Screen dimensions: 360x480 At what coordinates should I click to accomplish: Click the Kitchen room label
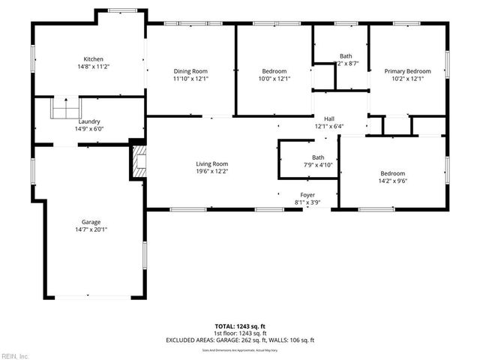pyautogui.click(x=93, y=58)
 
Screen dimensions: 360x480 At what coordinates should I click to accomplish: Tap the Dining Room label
pyautogui.click(x=190, y=71)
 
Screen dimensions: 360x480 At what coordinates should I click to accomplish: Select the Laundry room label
pyautogui.click(x=88, y=121)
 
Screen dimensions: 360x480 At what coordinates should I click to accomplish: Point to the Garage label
pyautogui.click(x=91, y=222)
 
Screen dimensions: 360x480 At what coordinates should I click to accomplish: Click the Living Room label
pyautogui.click(x=212, y=163)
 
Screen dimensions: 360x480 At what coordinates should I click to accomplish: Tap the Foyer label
pyautogui.click(x=308, y=194)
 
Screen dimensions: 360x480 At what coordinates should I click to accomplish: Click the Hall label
pyautogui.click(x=328, y=118)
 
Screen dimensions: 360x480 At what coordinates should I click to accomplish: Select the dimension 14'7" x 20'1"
pyautogui.click(x=91, y=229)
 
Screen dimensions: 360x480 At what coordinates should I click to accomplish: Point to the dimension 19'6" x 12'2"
pyautogui.click(x=212, y=171)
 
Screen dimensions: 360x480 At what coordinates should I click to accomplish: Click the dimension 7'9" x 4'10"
pyautogui.click(x=307, y=164)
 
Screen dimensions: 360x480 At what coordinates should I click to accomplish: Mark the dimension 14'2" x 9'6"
pyautogui.click(x=393, y=180)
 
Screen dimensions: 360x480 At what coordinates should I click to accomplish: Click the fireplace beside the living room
pyautogui.click(x=138, y=161)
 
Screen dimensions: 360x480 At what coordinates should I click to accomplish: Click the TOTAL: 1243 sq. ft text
pyautogui.click(x=239, y=326)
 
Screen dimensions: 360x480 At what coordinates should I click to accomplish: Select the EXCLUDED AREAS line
pyautogui.click(x=240, y=340)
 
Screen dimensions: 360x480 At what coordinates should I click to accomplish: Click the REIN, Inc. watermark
pyautogui.click(x=15, y=355)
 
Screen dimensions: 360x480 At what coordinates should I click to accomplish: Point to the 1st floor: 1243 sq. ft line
pyautogui.click(x=240, y=333)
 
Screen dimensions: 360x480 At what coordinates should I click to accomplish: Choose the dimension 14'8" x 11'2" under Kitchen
pyautogui.click(x=93, y=66)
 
